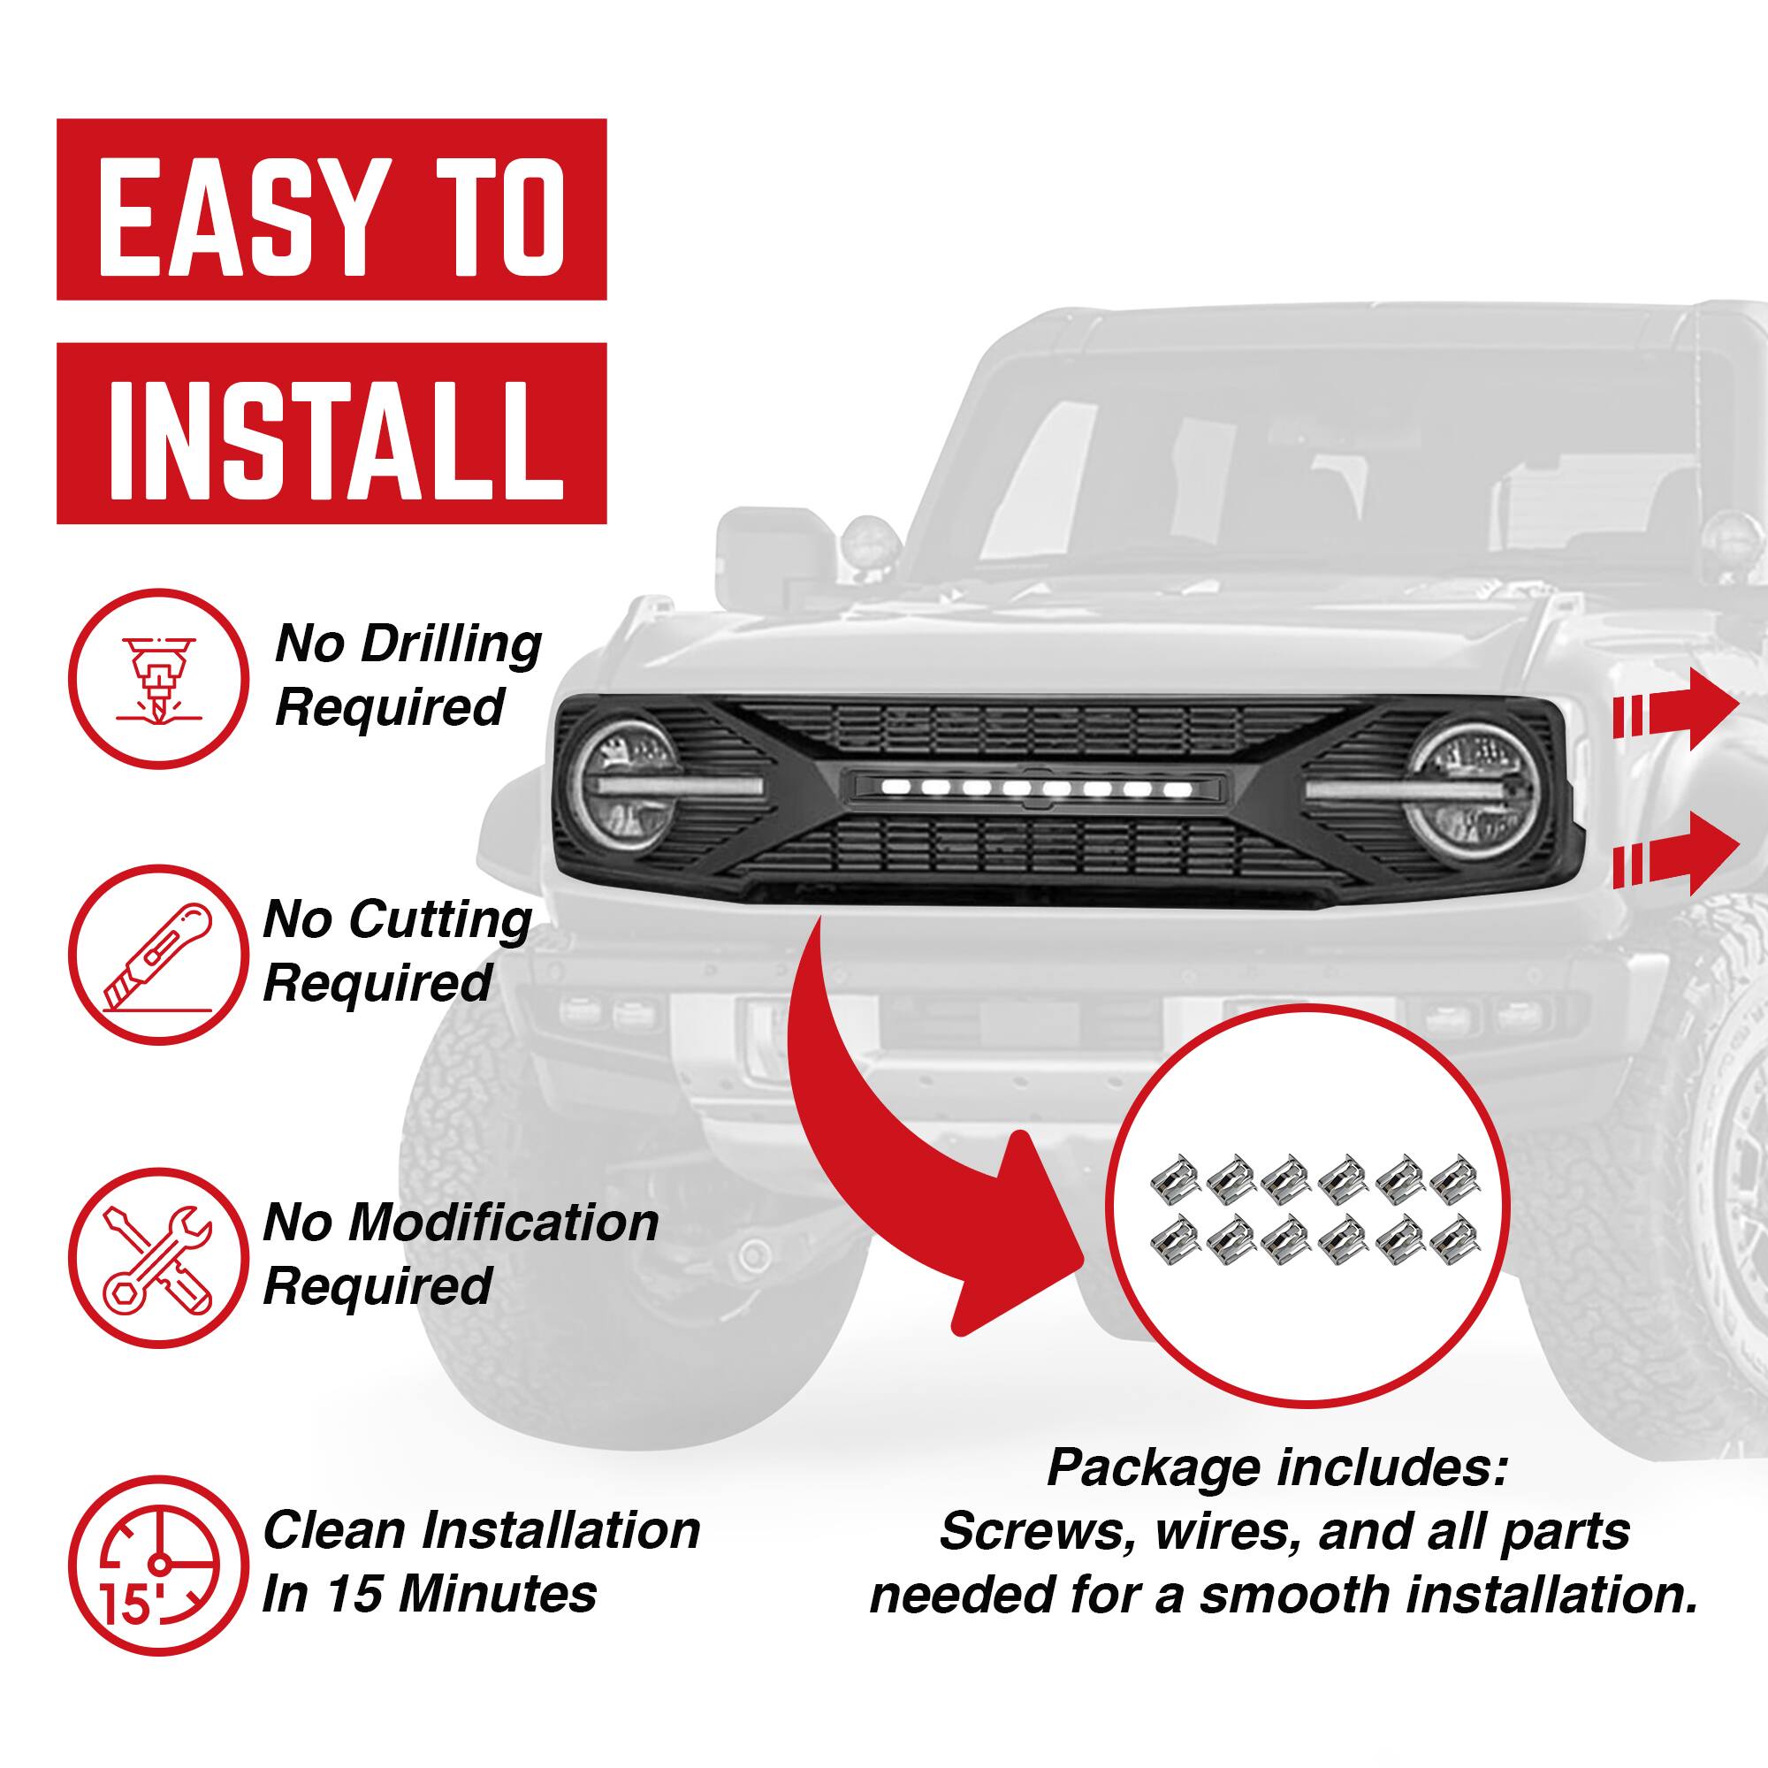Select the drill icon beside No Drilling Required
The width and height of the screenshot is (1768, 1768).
point(158,678)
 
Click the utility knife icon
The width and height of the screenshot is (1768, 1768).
point(158,956)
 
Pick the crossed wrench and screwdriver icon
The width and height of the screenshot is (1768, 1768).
point(158,1257)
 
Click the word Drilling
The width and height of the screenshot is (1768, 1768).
point(450,645)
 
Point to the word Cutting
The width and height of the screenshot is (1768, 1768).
point(438,919)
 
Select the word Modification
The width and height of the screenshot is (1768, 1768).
point(502,1223)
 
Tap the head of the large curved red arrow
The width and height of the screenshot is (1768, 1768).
point(1016,1236)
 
